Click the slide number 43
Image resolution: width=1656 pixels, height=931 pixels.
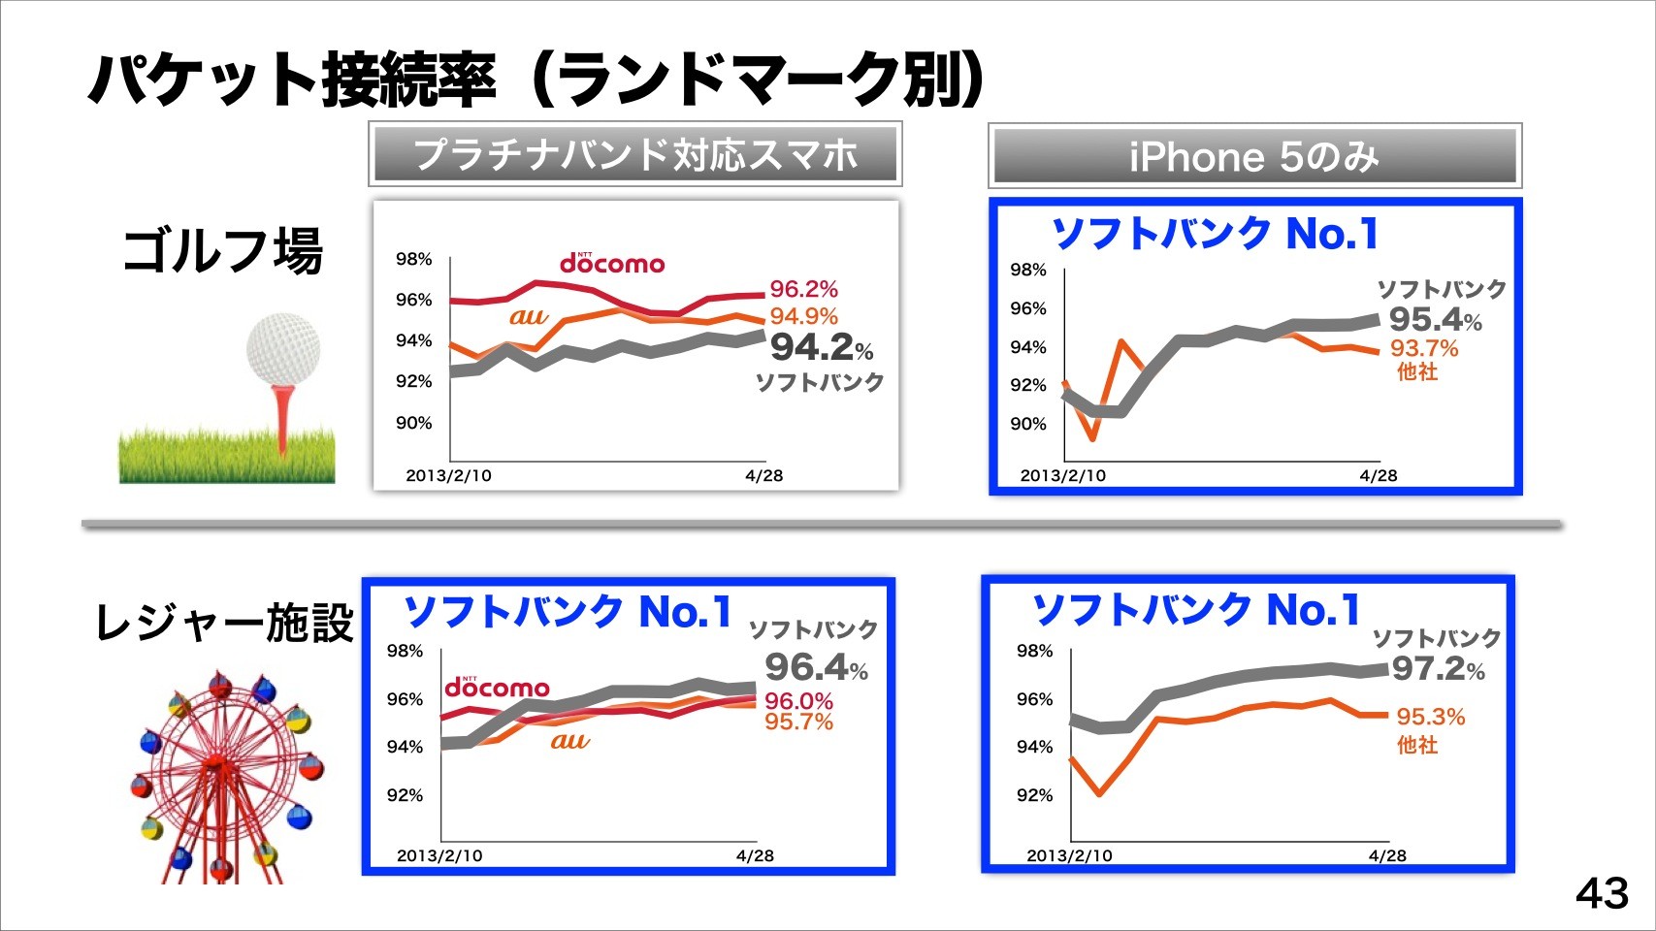pos(1602,892)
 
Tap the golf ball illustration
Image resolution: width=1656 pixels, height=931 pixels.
pos(282,348)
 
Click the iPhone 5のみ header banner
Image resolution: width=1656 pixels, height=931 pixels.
pos(1254,156)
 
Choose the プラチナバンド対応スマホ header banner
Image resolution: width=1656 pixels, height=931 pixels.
pos(635,154)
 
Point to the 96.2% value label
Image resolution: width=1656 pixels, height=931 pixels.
pos(803,289)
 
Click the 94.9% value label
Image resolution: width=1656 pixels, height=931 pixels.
pos(803,316)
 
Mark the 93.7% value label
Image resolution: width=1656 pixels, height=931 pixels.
pos(1424,348)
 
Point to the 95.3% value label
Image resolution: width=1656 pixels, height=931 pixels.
pos(1430,717)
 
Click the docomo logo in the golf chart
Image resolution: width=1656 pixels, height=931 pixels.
pos(612,263)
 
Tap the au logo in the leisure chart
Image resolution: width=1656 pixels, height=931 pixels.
pos(569,741)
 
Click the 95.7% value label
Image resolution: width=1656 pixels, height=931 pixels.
pos(798,722)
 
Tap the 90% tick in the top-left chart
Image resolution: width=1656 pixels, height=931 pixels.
pos(413,423)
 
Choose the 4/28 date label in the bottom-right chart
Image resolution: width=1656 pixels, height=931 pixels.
pos(1387,855)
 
